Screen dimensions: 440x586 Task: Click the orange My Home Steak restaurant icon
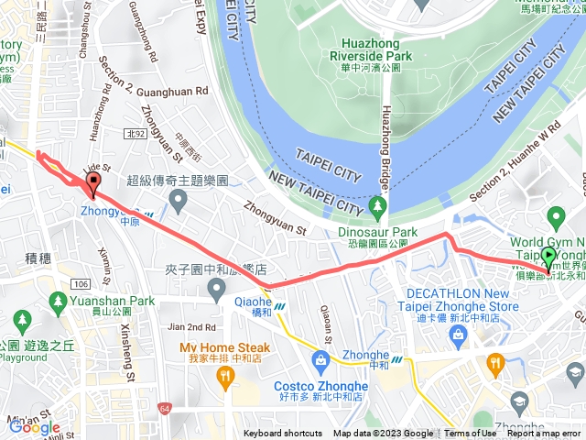click(x=225, y=379)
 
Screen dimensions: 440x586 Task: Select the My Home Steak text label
click(x=224, y=348)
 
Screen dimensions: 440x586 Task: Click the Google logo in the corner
click(x=35, y=427)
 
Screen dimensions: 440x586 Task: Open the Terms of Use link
click(x=471, y=434)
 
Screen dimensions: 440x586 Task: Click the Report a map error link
click(x=545, y=434)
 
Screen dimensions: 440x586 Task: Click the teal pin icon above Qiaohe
click(x=217, y=291)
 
